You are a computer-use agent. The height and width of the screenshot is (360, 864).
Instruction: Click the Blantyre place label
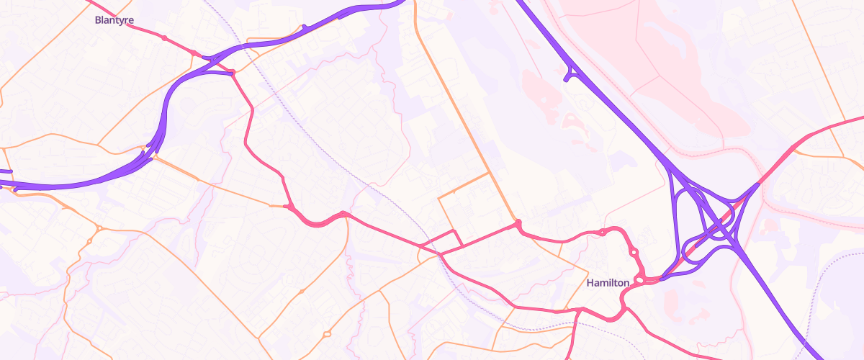point(114,20)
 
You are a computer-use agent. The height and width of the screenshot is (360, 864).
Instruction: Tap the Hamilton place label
point(608,283)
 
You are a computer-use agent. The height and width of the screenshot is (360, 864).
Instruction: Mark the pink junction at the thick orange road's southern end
point(517,225)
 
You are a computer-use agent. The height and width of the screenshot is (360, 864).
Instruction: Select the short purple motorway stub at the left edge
point(5,171)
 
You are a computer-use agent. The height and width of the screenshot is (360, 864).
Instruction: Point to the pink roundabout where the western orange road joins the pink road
point(289,207)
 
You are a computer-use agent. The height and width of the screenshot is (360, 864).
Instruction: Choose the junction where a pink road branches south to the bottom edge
point(578,312)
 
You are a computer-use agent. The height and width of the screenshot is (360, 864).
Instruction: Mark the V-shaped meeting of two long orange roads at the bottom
point(260,338)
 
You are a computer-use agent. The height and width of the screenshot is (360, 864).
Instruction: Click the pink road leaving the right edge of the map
point(857,119)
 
